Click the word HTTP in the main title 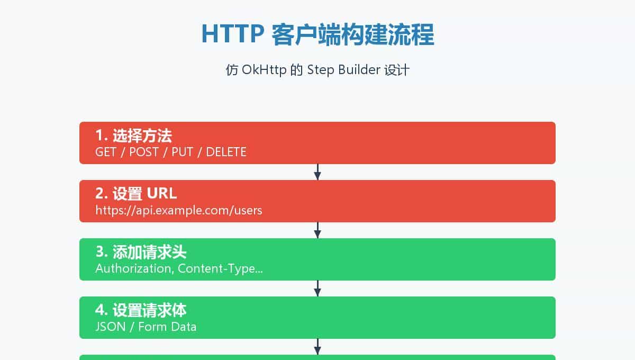[233, 35]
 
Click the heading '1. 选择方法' [133, 136]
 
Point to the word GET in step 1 [106, 152]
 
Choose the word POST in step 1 [144, 152]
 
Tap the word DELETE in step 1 [226, 152]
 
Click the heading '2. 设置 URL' [136, 194]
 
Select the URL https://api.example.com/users [179, 211]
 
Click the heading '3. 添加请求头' [141, 252]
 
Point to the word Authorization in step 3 [133, 269]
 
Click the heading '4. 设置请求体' [141, 310]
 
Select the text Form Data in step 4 [167, 327]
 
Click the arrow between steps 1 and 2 [317, 172]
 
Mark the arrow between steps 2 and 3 [317, 230]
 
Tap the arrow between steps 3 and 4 [317, 289]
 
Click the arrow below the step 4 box [317, 347]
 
